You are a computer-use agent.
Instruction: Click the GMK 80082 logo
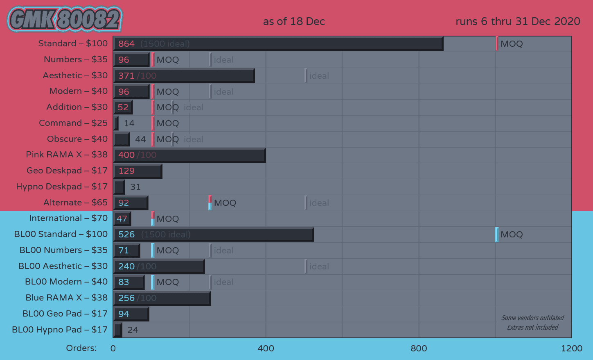(65, 19)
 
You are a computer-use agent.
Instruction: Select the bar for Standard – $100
(278, 43)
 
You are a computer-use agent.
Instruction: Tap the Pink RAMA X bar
(189, 155)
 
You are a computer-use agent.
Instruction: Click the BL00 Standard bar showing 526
(214, 235)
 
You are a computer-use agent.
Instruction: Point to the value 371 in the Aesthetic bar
(126, 76)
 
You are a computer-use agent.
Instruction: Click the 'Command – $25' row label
(73, 123)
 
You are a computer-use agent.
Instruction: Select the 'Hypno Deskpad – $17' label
(62, 187)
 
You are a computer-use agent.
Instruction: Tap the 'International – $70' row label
(68, 218)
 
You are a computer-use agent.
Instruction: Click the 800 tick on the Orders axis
(419, 349)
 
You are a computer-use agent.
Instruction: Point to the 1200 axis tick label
(571, 349)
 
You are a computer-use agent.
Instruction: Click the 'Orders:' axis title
(81, 348)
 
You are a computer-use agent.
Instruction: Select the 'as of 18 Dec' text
(294, 21)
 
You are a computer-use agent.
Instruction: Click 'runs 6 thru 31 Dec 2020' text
(518, 21)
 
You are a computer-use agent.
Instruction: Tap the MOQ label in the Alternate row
(225, 203)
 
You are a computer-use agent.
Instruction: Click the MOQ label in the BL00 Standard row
(512, 235)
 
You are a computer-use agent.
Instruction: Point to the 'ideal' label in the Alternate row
(319, 203)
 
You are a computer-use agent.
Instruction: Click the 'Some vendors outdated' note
(532, 318)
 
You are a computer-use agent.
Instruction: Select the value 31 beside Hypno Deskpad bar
(135, 187)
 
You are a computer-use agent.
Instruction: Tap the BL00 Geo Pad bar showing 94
(131, 314)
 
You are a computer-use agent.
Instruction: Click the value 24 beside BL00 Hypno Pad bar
(133, 330)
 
